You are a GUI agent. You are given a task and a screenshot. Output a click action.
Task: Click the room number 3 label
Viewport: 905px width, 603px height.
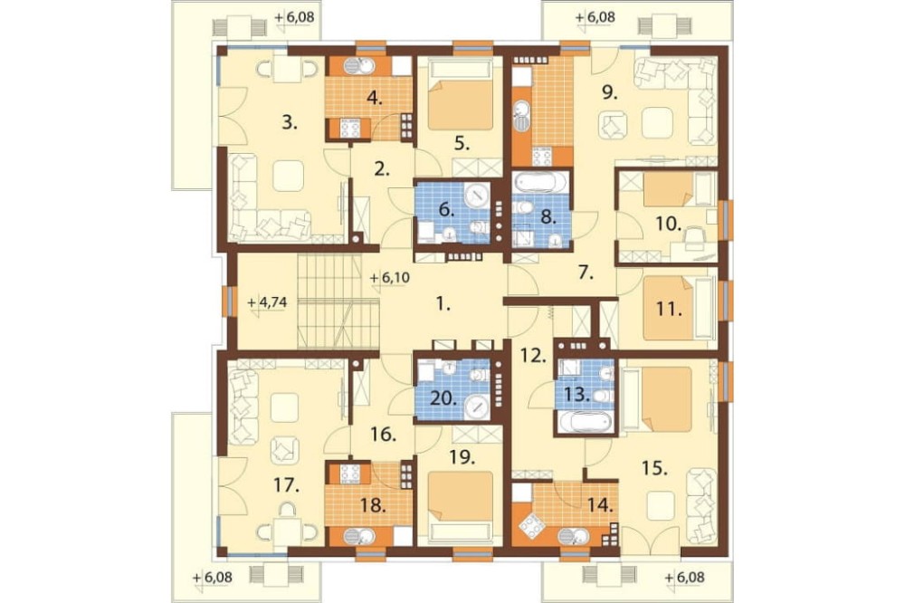click(290, 122)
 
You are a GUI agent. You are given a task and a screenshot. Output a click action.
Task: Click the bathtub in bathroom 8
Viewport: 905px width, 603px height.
click(541, 183)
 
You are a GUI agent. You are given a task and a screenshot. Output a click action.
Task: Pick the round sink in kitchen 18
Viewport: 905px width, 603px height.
click(351, 536)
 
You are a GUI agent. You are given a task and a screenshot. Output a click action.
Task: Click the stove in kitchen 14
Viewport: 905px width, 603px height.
click(529, 526)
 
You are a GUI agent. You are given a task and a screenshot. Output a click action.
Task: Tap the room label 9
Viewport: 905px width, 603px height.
click(609, 92)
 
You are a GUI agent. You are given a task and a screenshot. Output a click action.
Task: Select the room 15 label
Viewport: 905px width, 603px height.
click(655, 466)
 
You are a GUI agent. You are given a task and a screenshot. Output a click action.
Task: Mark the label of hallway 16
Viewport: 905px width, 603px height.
click(384, 435)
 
